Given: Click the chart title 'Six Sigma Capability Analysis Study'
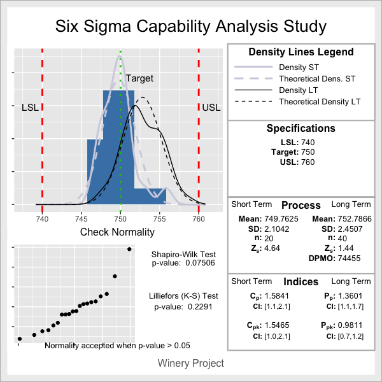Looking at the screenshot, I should [x=191, y=27].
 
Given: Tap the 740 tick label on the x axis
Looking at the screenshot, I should [x=42, y=219].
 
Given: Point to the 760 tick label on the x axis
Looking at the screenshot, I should [x=199, y=219].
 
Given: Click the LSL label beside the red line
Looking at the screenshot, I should [x=30, y=107].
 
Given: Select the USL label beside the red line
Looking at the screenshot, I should [x=211, y=107].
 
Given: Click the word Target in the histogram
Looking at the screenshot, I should [x=139, y=78].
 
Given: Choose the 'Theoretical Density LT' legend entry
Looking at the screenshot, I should [x=320, y=102].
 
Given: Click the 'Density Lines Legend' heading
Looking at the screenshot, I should [x=301, y=52].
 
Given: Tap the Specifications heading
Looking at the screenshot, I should [x=301, y=129].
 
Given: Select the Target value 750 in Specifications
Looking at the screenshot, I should [x=309, y=152].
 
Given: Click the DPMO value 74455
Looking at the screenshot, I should [x=348, y=258].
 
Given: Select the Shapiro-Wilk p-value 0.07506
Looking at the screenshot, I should [x=197, y=262].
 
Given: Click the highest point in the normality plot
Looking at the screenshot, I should [x=129, y=249].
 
